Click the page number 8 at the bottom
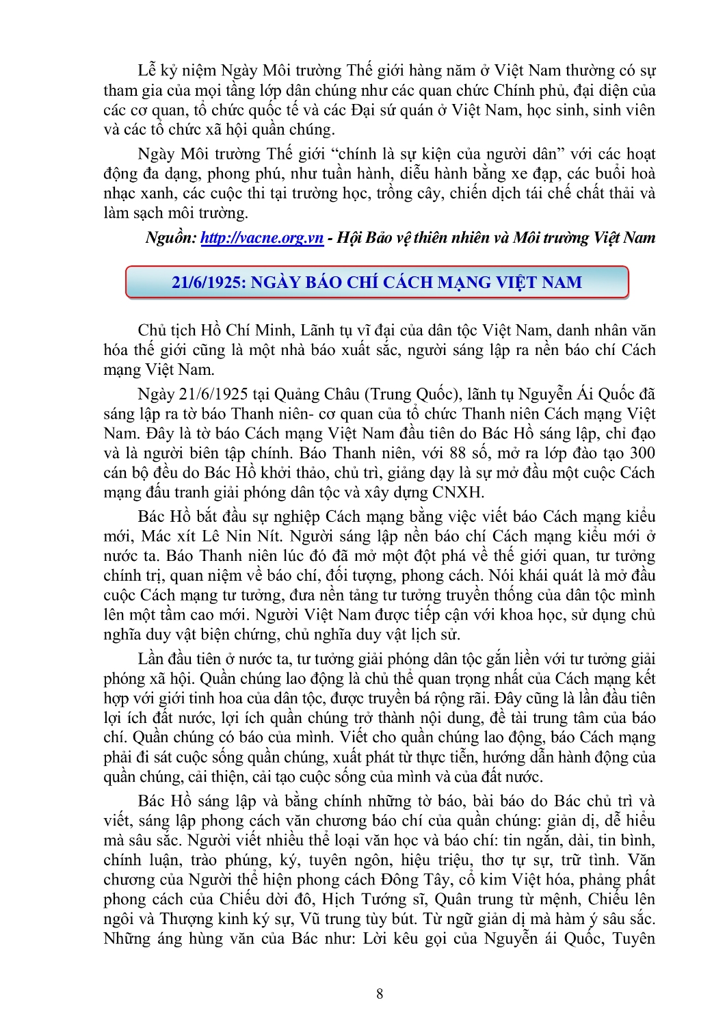point(380,994)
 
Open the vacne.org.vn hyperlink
point(262,238)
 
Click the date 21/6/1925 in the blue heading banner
point(208,282)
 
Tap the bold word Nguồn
point(171,238)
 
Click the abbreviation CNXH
point(458,492)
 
